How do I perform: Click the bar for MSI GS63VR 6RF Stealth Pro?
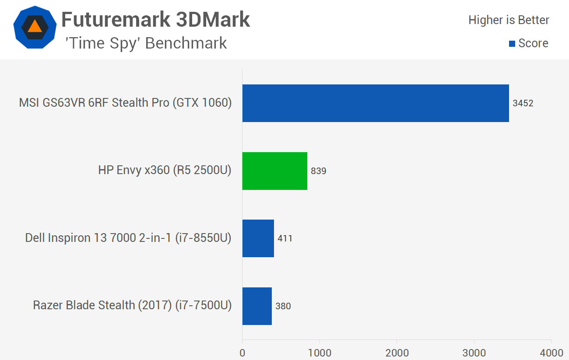pos(376,103)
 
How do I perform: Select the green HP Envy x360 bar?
pos(275,171)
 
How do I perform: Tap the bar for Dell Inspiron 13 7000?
pos(258,238)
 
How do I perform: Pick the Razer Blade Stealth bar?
pos(257,306)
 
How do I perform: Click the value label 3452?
pos(523,103)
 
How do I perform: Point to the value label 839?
pos(319,171)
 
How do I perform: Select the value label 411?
pos(285,238)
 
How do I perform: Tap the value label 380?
pos(283,306)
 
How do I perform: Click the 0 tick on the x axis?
pos(242,352)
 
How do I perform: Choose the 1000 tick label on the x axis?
pos(320,352)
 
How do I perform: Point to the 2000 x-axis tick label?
pos(397,352)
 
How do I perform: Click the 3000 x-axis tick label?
pos(474,352)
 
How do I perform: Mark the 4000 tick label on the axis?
pos(551,352)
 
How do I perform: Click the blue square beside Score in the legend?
pos(512,44)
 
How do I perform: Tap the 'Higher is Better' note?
pos(509,20)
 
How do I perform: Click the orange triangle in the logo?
pos(35,27)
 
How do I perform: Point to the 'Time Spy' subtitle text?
pos(146,43)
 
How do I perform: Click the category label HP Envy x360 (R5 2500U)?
pos(165,171)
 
